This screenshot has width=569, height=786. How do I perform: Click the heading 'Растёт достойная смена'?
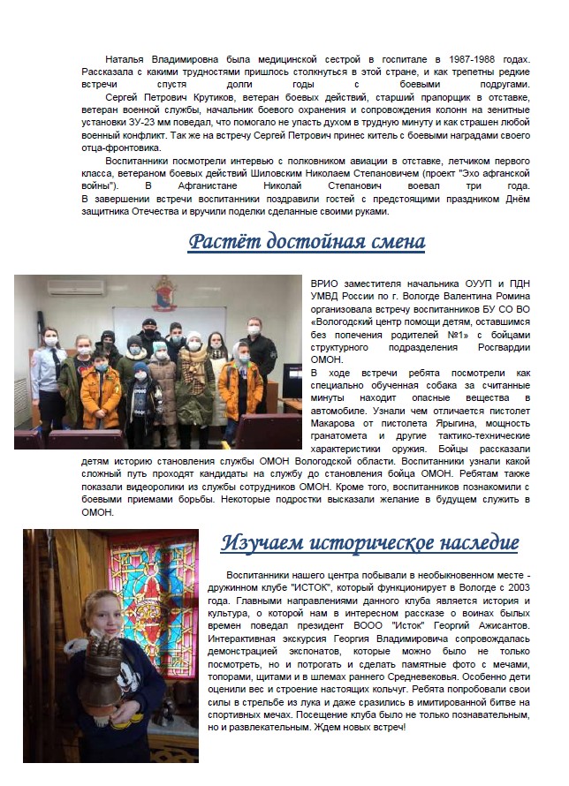307,241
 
